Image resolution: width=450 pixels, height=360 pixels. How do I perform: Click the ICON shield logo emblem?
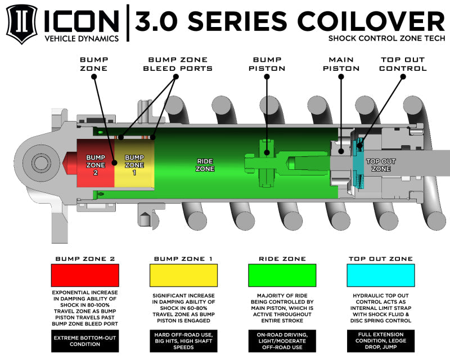point(21,24)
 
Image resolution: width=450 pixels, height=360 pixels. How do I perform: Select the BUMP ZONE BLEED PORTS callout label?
point(180,64)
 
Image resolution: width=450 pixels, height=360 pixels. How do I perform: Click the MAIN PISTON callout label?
point(341,64)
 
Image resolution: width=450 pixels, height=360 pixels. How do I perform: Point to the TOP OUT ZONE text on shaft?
point(381,164)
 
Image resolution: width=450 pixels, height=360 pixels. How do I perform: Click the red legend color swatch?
point(85,276)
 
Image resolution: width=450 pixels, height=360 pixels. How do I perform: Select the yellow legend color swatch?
point(183,276)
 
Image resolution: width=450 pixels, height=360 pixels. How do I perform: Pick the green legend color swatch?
point(282,276)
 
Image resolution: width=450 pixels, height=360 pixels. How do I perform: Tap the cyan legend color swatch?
point(381,276)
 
